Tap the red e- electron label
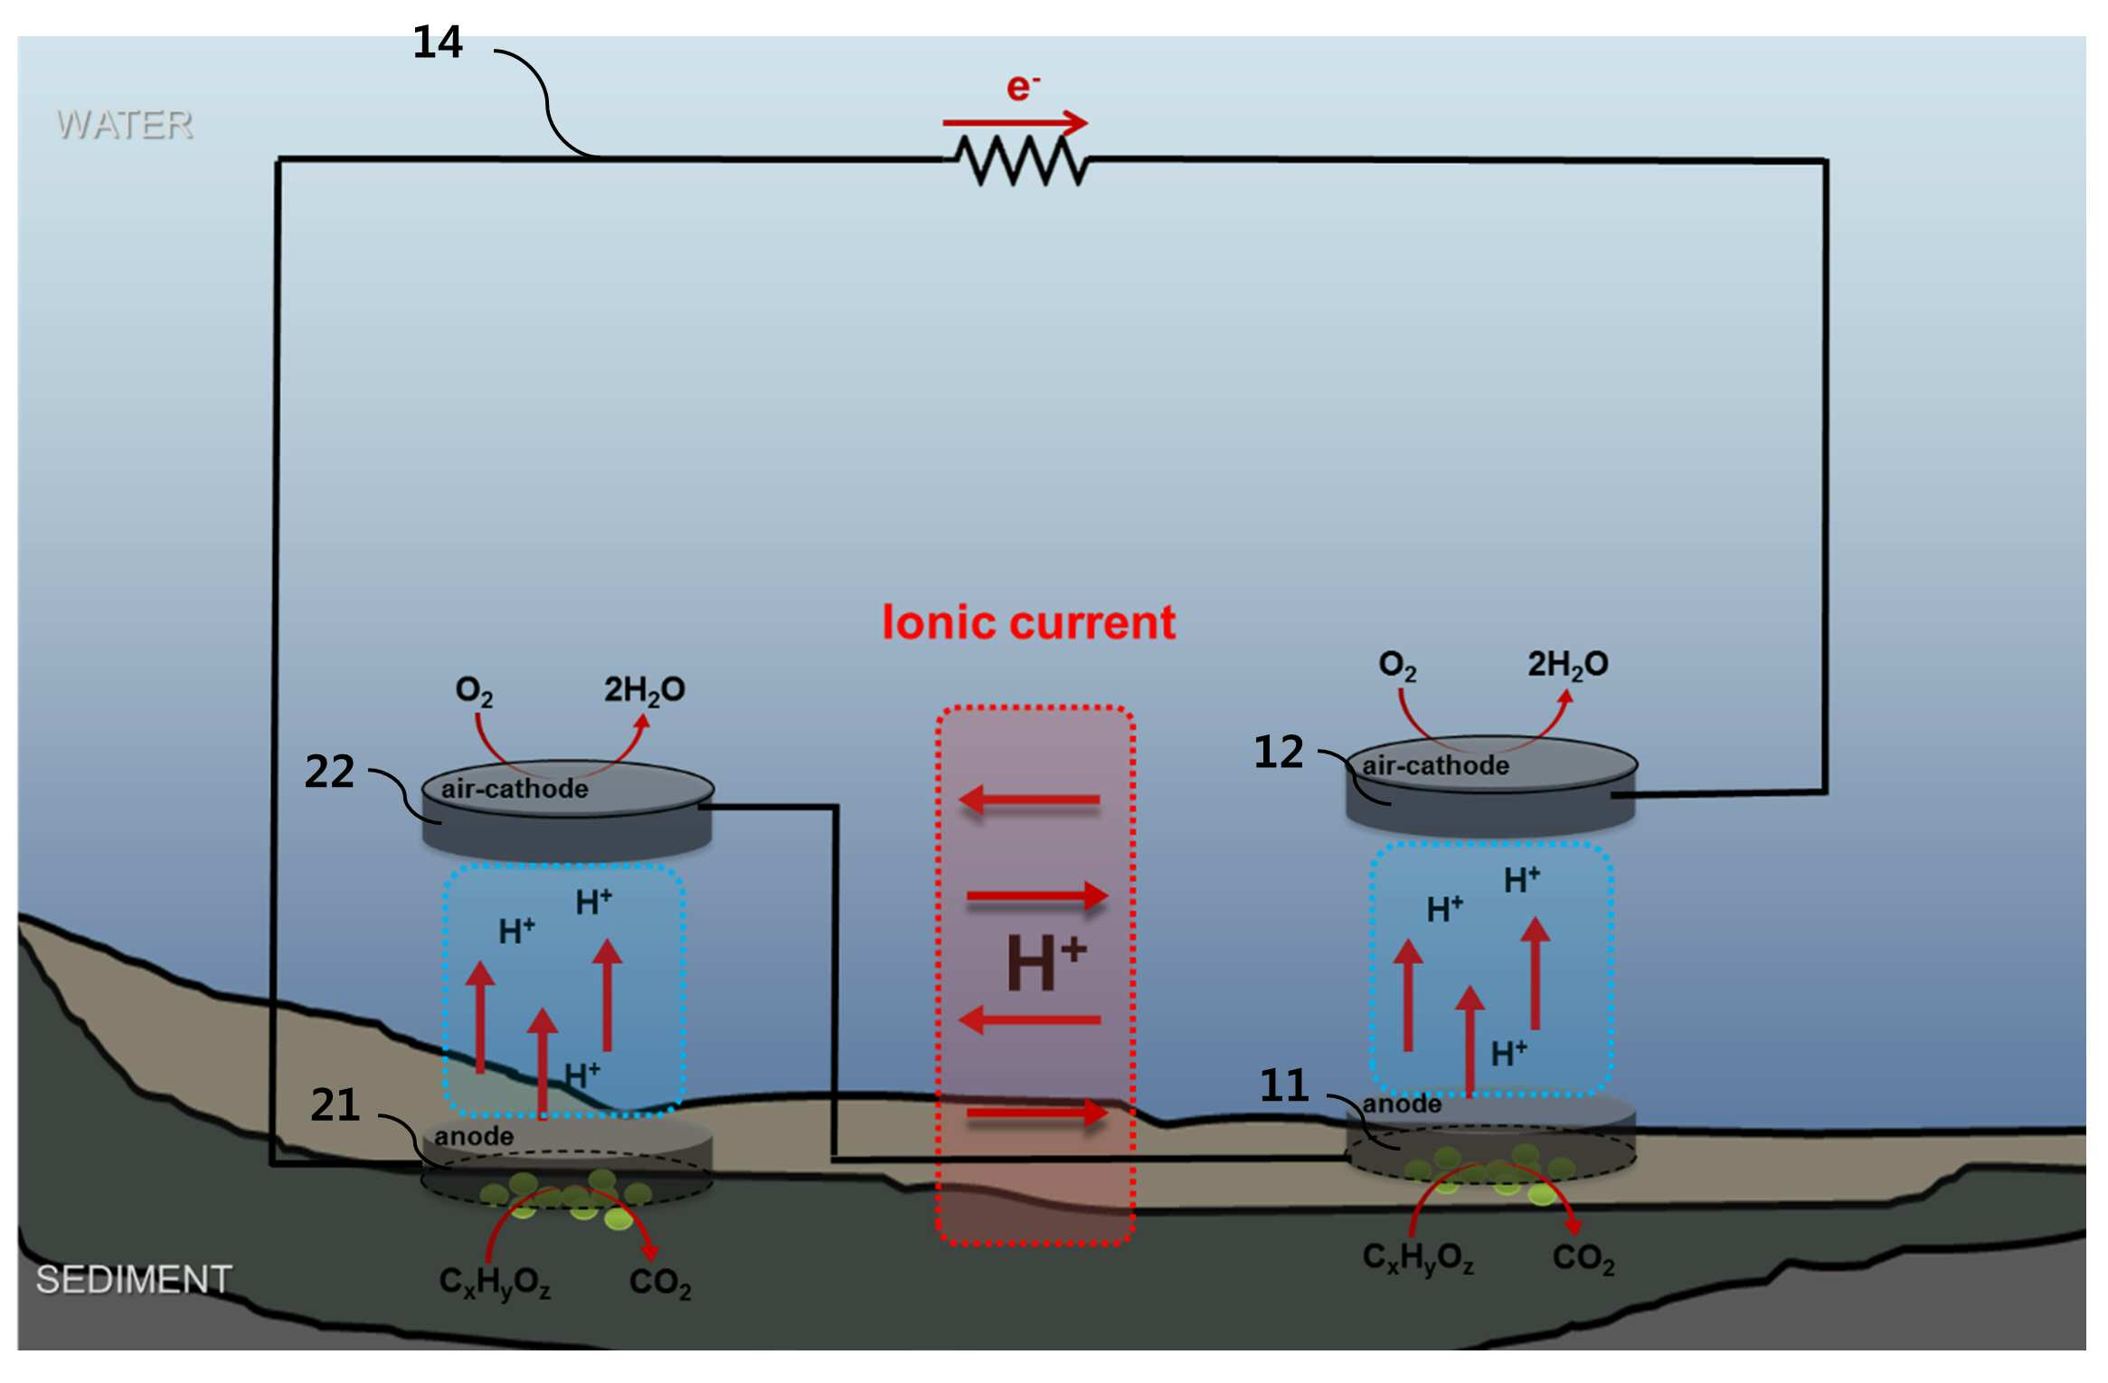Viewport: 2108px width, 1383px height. click(1022, 87)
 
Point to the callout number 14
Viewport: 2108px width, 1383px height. click(437, 43)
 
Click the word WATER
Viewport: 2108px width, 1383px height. click(125, 125)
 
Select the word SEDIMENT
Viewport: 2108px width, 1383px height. click(134, 1279)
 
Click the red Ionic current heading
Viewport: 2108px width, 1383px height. click(1028, 622)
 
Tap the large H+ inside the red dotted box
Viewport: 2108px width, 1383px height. click(1045, 962)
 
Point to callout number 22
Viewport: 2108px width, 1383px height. click(329, 772)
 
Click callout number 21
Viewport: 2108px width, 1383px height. click(335, 1104)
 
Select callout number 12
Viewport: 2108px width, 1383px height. click(1278, 752)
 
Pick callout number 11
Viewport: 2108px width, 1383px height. click(1284, 1085)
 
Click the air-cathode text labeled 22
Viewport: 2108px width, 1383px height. click(514, 789)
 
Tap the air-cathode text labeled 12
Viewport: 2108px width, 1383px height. click(1435, 765)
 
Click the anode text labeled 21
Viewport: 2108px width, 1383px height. click(473, 1136)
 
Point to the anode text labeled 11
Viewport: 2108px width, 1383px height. click(1402, 1104)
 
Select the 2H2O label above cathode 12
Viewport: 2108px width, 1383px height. click(1567, 665)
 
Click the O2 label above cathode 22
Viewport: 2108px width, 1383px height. click(474, 691)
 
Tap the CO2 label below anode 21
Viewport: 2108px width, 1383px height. click(659, 1283)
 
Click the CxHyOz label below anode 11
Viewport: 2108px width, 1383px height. click(1417, 1257)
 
